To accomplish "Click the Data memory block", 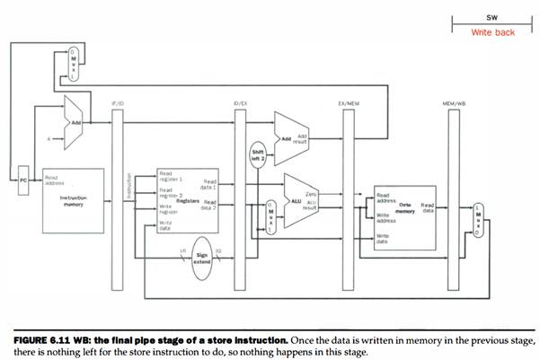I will coord(403,211).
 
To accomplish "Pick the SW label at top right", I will coord(492,17).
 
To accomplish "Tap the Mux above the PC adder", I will coord(74,62).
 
